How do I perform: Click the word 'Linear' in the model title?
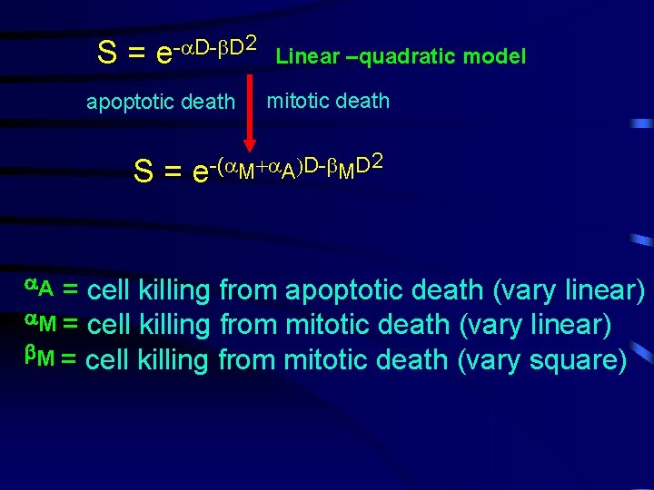306,56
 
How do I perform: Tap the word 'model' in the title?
494,56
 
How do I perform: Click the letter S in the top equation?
106,54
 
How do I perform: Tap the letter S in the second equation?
144,171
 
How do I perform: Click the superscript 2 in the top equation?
252,42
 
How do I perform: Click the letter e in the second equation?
201,173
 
